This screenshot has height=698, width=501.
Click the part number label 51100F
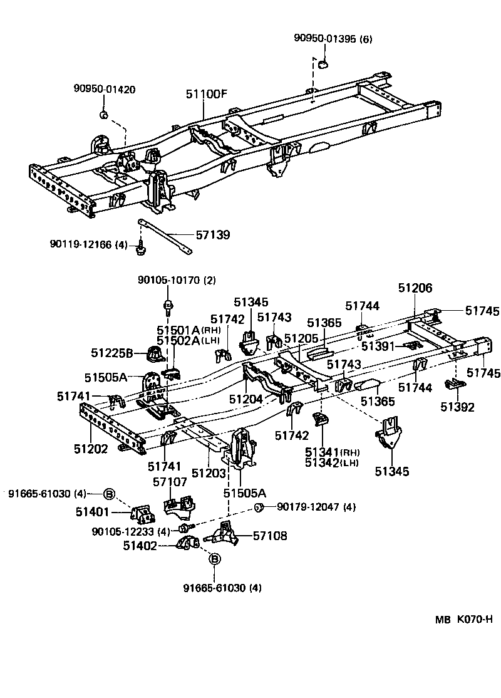click(206, 94)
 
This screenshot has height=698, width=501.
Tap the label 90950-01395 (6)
click(333, 39)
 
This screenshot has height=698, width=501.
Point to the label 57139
click(213, 235)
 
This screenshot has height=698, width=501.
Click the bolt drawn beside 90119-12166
click(141, 249)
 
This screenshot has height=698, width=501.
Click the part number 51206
click(415, 288)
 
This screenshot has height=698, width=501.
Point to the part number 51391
click(378, 346)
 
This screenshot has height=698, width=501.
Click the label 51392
click(457, 407)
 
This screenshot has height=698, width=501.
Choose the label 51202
click(91, 449)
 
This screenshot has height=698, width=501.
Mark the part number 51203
click(209, 473)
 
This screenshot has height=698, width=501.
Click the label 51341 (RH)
click(332, 452)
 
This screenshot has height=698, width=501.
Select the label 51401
click(93, 512)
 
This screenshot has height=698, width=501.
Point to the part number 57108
click(270, 536)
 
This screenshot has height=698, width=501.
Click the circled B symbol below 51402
click(214, 558)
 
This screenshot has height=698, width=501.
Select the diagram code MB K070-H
click(464, 620)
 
